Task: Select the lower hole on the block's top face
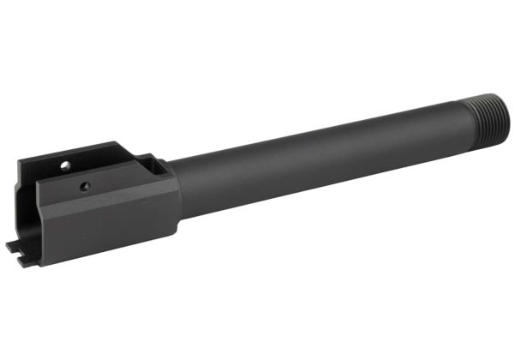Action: [x=84, y=184]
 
